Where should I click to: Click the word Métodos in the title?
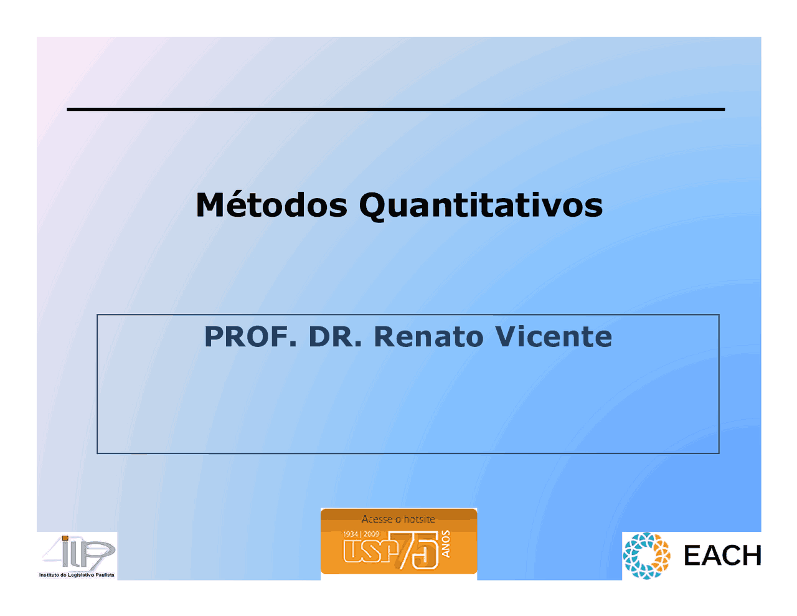coord(271,205)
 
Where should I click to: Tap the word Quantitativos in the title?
coord(481,206)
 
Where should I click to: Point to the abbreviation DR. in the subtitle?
coord(335,336)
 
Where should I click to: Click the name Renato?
coord(428,336)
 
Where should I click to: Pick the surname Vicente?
coord(554,336)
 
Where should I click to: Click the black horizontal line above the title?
coord(396,109)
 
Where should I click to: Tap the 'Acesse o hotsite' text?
coord(398,519)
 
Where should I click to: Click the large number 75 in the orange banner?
coord(418,550)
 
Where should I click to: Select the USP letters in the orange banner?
coord(370,551)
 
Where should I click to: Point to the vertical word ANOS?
coord(445,544)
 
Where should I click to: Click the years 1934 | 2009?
coord(361,534)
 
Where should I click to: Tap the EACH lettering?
coord(722,556)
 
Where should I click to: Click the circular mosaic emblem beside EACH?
coord(646,556)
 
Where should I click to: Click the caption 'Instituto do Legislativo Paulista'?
coord(77,575)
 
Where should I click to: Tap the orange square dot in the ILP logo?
coord(65,539)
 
